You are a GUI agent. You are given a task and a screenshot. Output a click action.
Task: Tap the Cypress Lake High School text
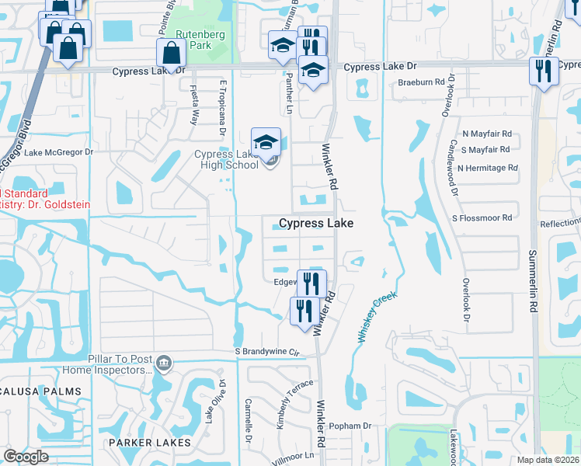pyautogui.click(x=226, y=159)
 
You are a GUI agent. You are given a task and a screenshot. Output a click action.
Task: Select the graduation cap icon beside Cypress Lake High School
pyautogui.click(x=266, y=141)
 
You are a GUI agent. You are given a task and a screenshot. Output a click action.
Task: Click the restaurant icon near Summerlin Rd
pyautogui.click(x=543, y=71)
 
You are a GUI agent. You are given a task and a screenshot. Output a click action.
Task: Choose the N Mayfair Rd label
pyautogui.click(x=487, y=134)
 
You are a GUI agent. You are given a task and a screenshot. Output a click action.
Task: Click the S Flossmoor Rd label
pyautogui.click(x=483, y=218)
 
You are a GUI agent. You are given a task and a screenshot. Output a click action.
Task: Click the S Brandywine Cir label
pyautogui.click(x=267, y=351)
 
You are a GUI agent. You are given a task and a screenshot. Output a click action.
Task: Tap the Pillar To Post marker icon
pyautogui.click(x=164, y=363)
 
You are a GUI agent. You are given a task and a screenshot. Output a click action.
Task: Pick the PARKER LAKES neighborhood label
pyautogui.click(x=149, y=443)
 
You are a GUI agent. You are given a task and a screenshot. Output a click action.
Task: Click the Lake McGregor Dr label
pyautogui.click(x=58, y=152)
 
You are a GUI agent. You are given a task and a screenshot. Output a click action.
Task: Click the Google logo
pyautogui.click(x=26, y=457)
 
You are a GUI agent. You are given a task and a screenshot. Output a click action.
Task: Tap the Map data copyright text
pyautogui.click(x=548, y=460)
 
